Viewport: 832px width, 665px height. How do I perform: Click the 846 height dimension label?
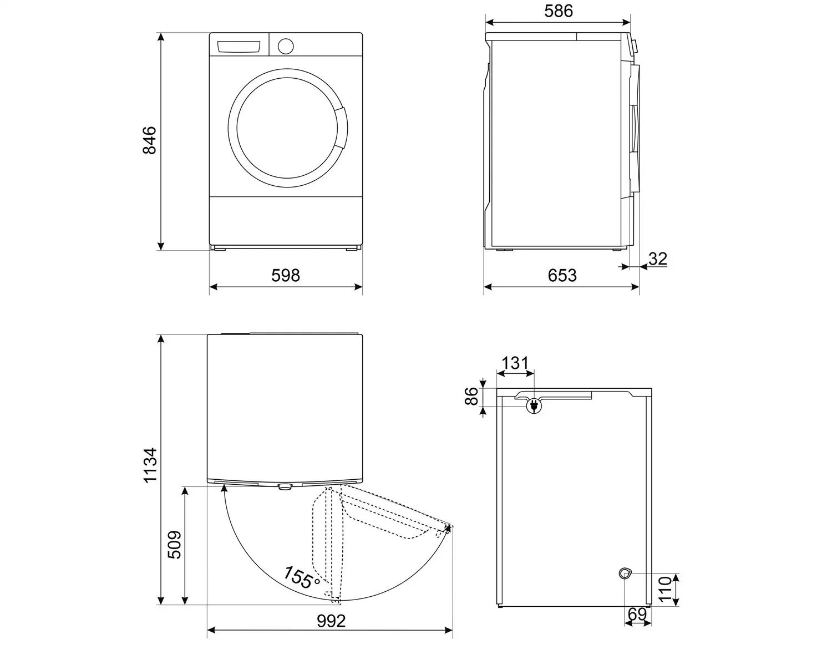point(149,140)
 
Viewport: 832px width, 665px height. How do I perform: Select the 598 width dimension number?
point(285,276)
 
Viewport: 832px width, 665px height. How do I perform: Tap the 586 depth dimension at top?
point(559,11)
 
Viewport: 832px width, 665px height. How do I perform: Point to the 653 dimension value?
point(562,276)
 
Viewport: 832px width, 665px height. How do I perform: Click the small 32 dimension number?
point(658,259)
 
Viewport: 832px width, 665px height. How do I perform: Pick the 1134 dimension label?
point(150,465)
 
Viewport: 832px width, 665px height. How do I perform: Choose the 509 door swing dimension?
point(174,545)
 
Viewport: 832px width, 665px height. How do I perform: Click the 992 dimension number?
point(331,621)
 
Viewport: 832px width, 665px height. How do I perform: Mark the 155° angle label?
point(302,577)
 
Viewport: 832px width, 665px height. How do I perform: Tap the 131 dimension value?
point(515,363)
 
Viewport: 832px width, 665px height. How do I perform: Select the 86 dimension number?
point(471,396)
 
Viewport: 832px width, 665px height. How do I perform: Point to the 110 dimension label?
point(666,589)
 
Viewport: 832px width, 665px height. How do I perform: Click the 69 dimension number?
point(637,615)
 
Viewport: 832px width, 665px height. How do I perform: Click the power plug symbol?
point(534,406)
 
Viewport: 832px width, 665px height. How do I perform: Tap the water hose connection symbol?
point(625,573)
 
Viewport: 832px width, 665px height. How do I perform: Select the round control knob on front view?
point(285,47)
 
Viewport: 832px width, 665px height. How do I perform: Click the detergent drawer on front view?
point(238,47)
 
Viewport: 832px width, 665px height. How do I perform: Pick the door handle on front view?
point(341,128)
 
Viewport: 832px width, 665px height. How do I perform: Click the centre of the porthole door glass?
point(287,128)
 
